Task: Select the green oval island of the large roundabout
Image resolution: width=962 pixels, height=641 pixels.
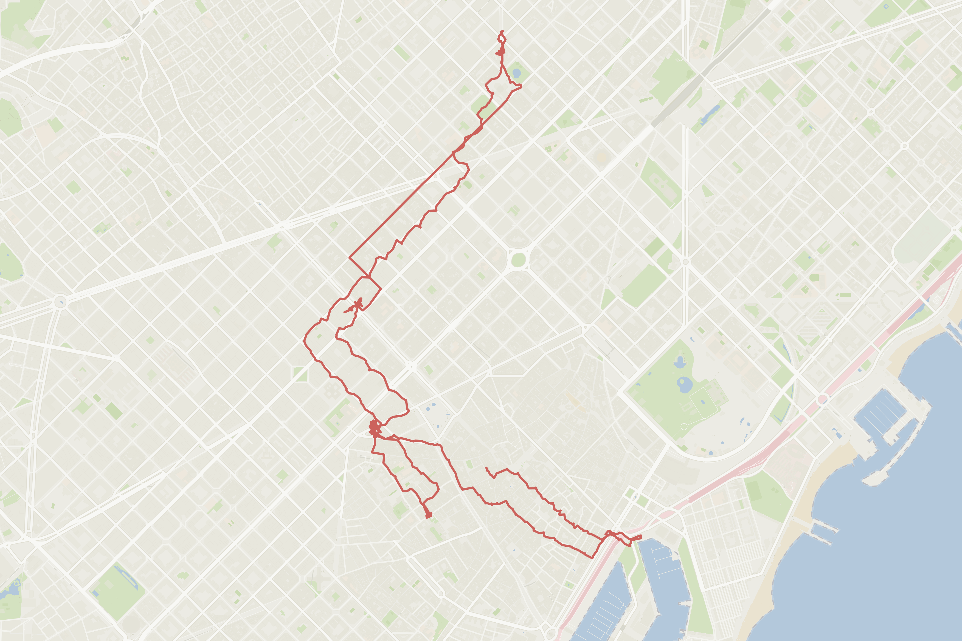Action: pos(518,260)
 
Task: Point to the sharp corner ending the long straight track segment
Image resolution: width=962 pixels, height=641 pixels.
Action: pos(349,258)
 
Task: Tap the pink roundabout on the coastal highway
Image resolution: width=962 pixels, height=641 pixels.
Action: pos(823,399)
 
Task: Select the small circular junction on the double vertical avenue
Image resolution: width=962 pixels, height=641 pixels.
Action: pos(685,262)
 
